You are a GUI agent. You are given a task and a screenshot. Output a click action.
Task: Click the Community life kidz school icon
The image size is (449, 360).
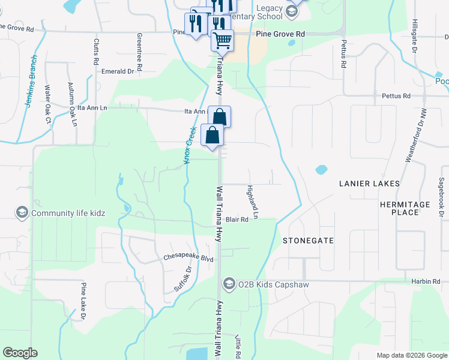pyautogui.click(x=22, y=213)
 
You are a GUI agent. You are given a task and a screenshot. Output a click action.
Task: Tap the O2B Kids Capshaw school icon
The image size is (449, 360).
pyautogui.click(x=229, y=283)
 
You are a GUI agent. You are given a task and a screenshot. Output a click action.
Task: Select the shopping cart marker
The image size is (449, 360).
pyautogui.click(x=222, y=40)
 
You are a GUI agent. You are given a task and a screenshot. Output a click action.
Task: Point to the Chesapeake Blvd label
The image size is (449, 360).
pyautogui.click(x=188, y=259)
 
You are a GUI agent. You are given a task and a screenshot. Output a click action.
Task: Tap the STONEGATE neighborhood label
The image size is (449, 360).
pyautogui.click(x=308, y=240)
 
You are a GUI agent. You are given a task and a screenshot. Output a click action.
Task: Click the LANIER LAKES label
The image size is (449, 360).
pyautogui.click(x=369, y=183)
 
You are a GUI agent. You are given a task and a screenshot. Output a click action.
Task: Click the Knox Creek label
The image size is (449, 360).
pyautogui.click(x=191, y=143)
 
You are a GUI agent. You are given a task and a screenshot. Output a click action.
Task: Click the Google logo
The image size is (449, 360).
pyautogui.click(x=20, y=353)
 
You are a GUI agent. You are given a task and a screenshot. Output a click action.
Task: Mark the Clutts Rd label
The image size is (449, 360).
pyautogui.click(x=96, y=52)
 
